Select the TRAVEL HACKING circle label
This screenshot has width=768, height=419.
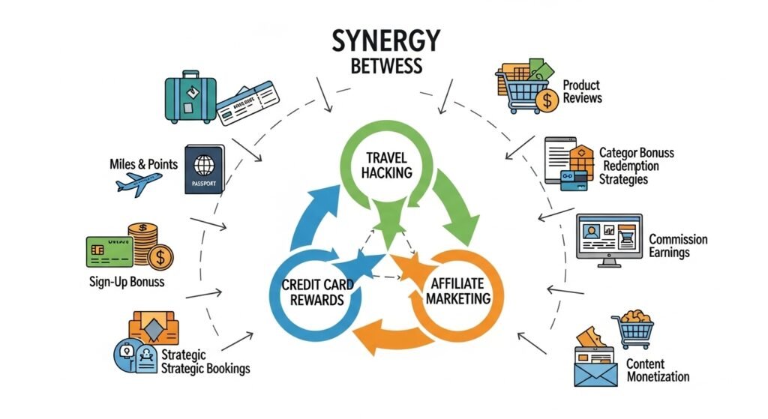(x=388, y=165)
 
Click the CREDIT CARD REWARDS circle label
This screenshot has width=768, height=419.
(x=313, y=293)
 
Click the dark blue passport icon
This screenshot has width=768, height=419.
(x=203, y=169)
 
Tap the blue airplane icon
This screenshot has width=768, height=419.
(x=139, y=182)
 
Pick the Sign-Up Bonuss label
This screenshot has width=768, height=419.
(x=126, y=283)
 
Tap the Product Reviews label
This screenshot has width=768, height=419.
(x=582, y=92)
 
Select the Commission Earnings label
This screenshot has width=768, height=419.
(x=678, y=246)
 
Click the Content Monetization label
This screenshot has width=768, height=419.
(x=657, y=370)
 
